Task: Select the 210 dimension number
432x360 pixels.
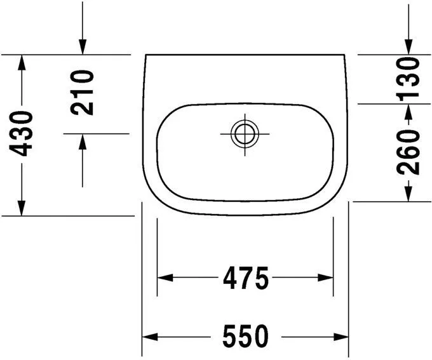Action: (83, 92)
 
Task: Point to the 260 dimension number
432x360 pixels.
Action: (408, 151)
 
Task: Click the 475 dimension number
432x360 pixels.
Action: (245, 277)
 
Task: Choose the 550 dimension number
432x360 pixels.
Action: (245, 337)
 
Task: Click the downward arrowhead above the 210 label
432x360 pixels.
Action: (83, 47)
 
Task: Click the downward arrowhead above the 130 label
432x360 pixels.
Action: (408, 47)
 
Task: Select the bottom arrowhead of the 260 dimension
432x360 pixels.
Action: (408, 194)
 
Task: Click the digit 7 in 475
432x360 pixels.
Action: (245, 277)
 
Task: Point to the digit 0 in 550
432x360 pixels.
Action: (260, 337)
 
